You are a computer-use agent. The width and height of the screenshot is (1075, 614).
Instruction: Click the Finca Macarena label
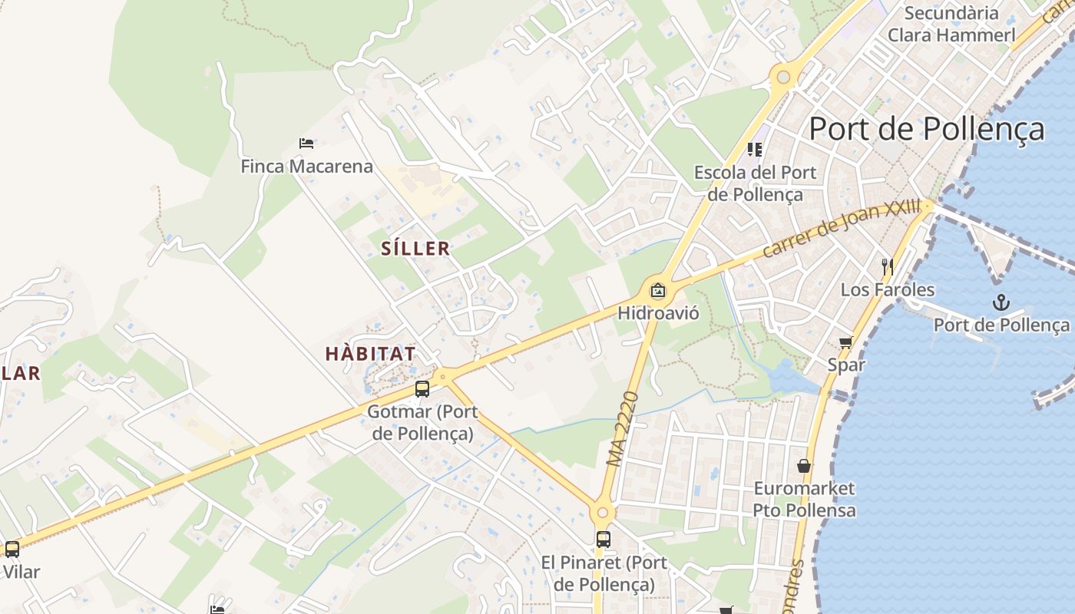306,167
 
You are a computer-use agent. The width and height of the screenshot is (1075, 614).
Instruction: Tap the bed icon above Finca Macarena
306,143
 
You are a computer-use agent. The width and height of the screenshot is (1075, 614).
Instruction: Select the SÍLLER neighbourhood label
415,249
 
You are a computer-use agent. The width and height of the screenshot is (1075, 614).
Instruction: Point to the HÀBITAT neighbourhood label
371,354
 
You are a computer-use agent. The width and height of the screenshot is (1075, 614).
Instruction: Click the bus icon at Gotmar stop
422,389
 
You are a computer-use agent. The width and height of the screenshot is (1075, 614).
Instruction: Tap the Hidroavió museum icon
657,291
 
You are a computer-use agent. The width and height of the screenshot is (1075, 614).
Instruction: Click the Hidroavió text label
658,313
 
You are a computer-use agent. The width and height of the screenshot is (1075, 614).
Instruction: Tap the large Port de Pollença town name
927,129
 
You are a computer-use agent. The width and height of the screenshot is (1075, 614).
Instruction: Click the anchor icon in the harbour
1000,302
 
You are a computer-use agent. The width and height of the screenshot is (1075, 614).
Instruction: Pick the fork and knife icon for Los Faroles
888,267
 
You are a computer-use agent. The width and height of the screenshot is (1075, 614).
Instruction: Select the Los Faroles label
888,290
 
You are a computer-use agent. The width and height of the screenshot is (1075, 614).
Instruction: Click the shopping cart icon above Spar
845,342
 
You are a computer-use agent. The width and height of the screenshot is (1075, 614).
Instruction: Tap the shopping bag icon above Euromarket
804,466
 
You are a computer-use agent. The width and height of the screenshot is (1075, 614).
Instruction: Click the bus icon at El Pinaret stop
604,540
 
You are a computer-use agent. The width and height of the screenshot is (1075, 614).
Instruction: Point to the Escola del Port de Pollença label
755,183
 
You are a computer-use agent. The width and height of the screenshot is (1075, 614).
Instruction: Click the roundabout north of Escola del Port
783,77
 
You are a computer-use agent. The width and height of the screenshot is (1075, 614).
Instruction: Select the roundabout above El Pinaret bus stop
603,513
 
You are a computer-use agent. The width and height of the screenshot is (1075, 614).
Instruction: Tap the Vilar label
21,572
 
